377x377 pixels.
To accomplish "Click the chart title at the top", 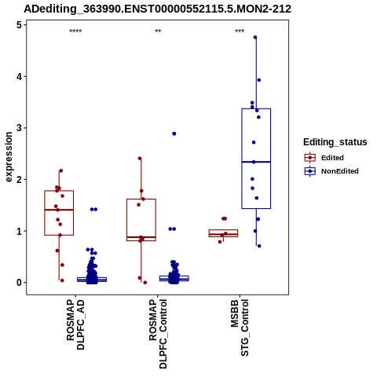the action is (x=157, y=9).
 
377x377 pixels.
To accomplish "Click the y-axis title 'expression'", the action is (x=9, y=157).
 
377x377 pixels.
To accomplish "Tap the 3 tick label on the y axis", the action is (x=19, y=128).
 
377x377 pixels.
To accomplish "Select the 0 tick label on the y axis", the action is (x=19, y=283).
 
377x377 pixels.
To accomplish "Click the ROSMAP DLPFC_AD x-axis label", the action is (x=75, y=324).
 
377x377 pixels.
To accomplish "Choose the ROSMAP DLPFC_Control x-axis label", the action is (x=158, y=333).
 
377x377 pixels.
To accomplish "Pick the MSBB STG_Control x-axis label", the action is (x=240, y=328).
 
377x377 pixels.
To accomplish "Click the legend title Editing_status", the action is (x=335, y=142).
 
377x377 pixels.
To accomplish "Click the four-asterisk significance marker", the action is (x=75, y=31).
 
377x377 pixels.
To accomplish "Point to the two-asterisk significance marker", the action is (x=158, y=31).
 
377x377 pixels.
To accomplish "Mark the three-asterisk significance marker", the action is (x=240, y=31).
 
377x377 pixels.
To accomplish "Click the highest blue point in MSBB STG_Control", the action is (x=255, y=38).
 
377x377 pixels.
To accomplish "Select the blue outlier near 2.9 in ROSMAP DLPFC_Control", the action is (x=174, y=134).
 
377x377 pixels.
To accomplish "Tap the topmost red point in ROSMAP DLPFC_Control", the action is (x=140, y=159).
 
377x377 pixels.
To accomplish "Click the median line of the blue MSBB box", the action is (x=256, y=162).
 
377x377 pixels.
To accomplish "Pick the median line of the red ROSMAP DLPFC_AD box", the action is (x=59, y=210).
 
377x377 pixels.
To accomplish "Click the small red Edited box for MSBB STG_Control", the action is (x=223, y=233).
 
